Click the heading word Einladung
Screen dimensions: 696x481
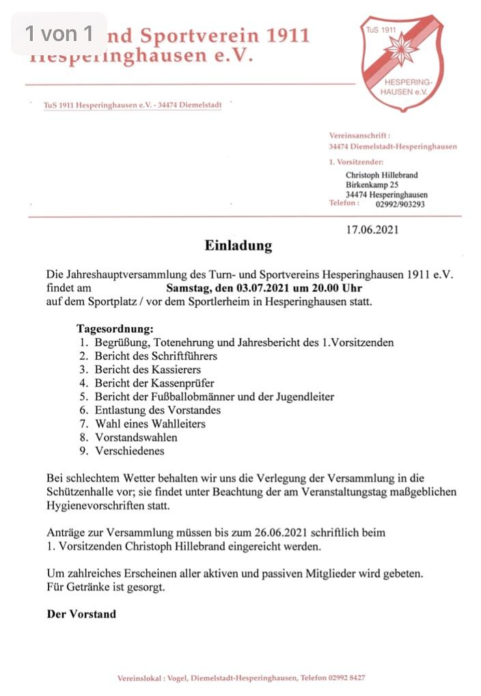pyautogui.click(x=238, y=245)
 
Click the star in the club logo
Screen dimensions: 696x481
pyautogui.click(x=401, y=51)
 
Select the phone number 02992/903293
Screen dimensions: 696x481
pyautogui.click(x=400, y=204)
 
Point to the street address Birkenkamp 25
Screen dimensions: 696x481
pyautogui.click(x=372, y=184)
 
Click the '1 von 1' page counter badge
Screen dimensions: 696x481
pyautogui.click(x=59, y=33)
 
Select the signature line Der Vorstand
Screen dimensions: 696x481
pyautogui.click(x=81, y=613)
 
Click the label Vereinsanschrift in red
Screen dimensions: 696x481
pyautogui.click(x=360, y=137)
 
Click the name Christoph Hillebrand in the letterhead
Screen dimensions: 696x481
pyautogui.click(x=381, y=175)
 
